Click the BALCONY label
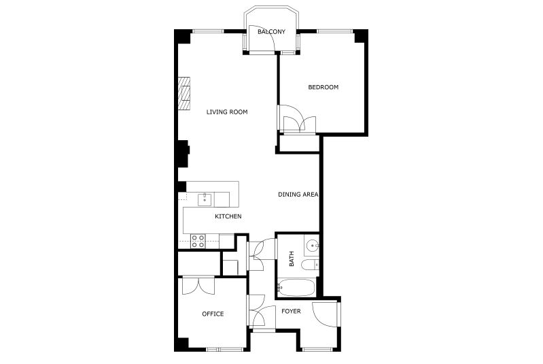[x=272, y=31]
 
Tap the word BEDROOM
[x=323, y=87]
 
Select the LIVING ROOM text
[x=227, y=112]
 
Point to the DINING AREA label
[x=298, y=195]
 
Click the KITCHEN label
[x=228, y=216]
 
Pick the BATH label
[x=292, y=259]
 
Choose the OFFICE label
[x=213, y=314]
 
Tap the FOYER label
[x=291, y=312]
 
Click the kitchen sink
[x=205, y=199]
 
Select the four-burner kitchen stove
[x=198, y=241]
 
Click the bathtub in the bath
[x=296, y=288]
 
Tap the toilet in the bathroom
[x=310, y=265]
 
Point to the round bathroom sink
[x=313, y=246]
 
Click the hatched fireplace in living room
[x=184, y=94]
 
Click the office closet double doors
[x=198, y=286]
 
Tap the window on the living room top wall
[x=208, y=31]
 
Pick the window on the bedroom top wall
[x=335, y=31]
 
